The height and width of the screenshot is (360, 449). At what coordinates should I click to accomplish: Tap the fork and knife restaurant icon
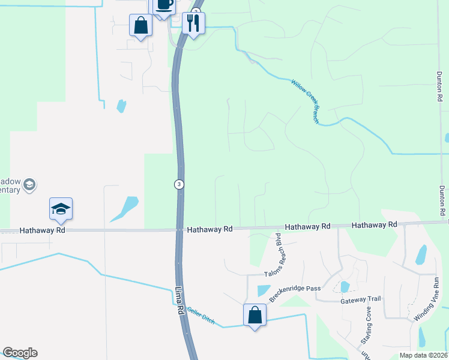click(x=193, y=23)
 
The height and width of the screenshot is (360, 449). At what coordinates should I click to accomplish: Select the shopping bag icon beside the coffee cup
click(x=141, y=25)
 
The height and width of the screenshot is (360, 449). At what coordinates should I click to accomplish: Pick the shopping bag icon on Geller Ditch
click(x=255, y=315)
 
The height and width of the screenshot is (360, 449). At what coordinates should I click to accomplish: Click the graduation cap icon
click(x=61, y=208)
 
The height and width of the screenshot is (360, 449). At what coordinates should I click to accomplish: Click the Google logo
click(x=20, y=353)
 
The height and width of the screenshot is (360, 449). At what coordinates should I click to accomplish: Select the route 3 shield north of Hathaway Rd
click(x=179, y=184)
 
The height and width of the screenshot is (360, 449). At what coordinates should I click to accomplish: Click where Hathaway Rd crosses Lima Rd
click(x=179, y=229)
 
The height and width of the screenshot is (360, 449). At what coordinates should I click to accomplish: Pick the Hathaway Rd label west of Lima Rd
click(x=41, y=230)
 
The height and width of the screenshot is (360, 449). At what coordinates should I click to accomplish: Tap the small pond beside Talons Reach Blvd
click(x=263, y=290)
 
